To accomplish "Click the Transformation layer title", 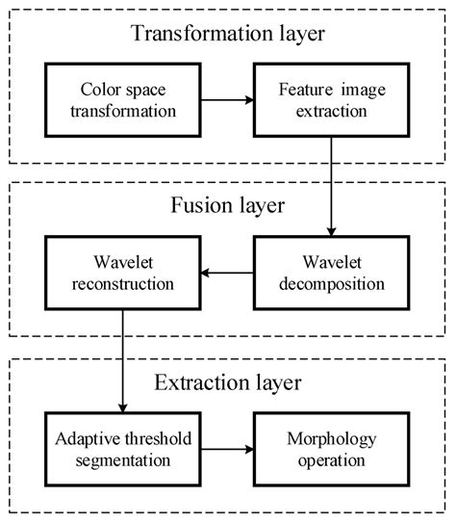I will [228, 35].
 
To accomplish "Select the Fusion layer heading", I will [228, 207].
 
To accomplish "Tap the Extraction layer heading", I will [228, 383].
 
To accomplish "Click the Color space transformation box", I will [122, 99].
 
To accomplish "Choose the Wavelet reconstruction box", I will [122, 274].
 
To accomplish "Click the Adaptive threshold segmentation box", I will [122, 448].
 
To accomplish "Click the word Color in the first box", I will [96, 90].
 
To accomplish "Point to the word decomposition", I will [333, 285].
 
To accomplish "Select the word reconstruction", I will [122, 285].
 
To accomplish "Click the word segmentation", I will [122, 459].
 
